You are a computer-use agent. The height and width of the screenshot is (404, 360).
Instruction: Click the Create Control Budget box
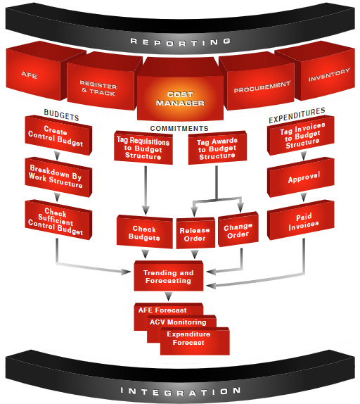[x=58, y=136]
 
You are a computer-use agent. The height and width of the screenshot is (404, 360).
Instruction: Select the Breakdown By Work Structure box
[x=58, y=177]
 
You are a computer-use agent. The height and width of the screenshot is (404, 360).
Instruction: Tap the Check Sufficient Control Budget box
[x=58, y=220]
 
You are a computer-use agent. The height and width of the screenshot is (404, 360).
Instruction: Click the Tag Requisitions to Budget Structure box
[x=143, y=148]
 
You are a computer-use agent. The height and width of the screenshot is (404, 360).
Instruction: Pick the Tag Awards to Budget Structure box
[x=217, y=148]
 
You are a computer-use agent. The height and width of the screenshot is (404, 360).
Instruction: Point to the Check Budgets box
[x=145, y=232]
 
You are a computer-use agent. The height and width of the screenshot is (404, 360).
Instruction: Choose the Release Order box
[x=195, y=234]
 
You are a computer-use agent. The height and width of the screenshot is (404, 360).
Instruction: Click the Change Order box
[x=238, y=230]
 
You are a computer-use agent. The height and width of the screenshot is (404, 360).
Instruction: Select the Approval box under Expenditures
[x=301, y=178]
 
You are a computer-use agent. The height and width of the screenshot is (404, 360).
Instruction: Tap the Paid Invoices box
[x=301, y=220]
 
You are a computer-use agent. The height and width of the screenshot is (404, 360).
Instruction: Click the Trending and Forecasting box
[x=169, y=277]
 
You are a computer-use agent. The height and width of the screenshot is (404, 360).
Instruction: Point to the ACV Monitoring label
[x=178, y=322]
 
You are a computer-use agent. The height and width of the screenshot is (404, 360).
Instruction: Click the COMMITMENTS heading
[x=179, y=128]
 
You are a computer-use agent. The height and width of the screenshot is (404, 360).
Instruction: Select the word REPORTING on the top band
[x=181, y=42]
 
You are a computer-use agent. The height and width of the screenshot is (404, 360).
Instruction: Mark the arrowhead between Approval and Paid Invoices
[x=304, y=197]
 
